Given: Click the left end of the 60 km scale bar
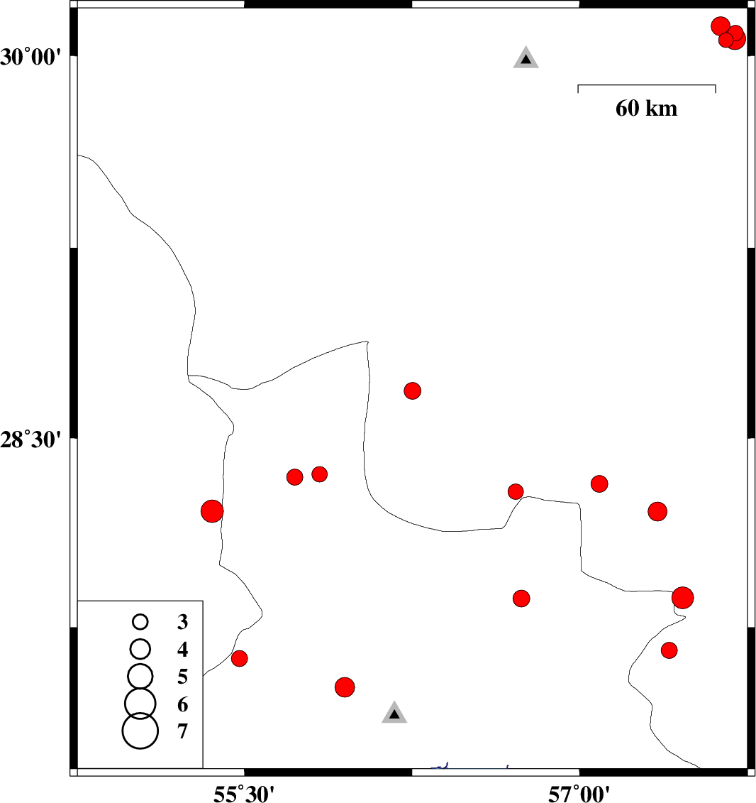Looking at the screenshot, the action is (578, 85).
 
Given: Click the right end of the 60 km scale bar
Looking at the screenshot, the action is (716, 85).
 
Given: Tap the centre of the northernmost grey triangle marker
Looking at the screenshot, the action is (526, 58).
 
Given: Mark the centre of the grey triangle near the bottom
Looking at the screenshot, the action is (394, 714).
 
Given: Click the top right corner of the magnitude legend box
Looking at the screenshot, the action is (203, 601).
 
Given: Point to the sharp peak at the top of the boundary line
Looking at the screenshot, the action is (367, 341).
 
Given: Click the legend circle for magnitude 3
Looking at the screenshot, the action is (140, 622).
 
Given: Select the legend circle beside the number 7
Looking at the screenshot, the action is (140, 731).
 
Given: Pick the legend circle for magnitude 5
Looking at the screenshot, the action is (140, 676).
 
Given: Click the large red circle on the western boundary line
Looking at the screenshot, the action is (212, 511).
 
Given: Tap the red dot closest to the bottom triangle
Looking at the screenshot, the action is (345, 687).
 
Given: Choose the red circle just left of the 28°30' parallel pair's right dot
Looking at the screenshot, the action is (294, 477).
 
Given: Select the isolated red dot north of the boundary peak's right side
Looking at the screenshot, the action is (412, 390).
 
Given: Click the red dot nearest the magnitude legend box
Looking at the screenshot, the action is (240, 659).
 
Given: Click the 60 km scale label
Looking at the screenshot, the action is (647, 109).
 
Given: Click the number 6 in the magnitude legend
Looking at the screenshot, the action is (182, 705).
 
